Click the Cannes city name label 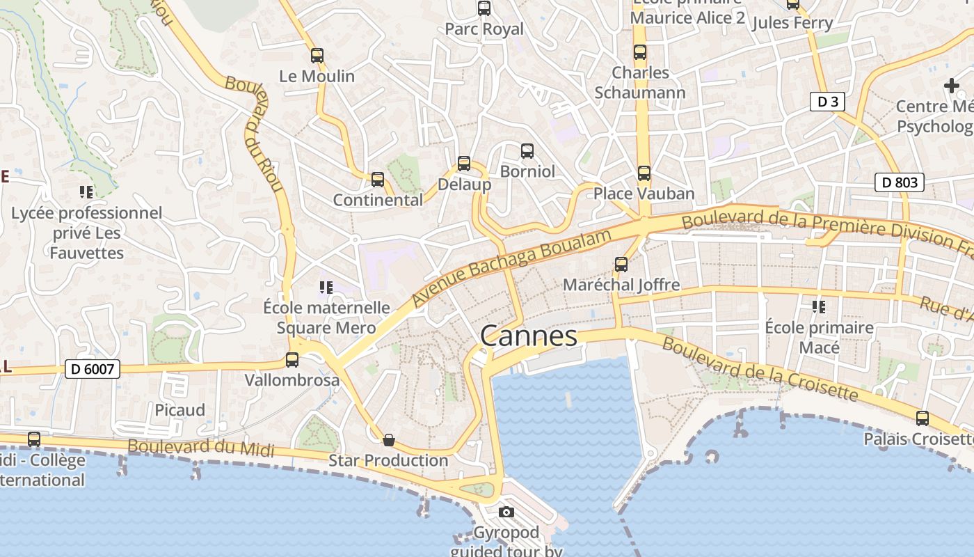529,336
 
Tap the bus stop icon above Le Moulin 317,56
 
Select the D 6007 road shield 93,369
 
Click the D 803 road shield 899,182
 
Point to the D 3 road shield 827,102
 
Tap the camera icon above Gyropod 506,512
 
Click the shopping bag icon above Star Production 389,440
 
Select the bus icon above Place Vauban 644,173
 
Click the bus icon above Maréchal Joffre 621,265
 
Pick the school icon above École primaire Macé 819,306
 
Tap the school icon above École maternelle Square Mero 326,287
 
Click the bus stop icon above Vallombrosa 292,360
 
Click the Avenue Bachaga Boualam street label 511,267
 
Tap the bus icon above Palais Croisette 923,418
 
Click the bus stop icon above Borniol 527,151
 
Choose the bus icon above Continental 378,180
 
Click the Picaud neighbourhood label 179,410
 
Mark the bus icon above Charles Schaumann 640,52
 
